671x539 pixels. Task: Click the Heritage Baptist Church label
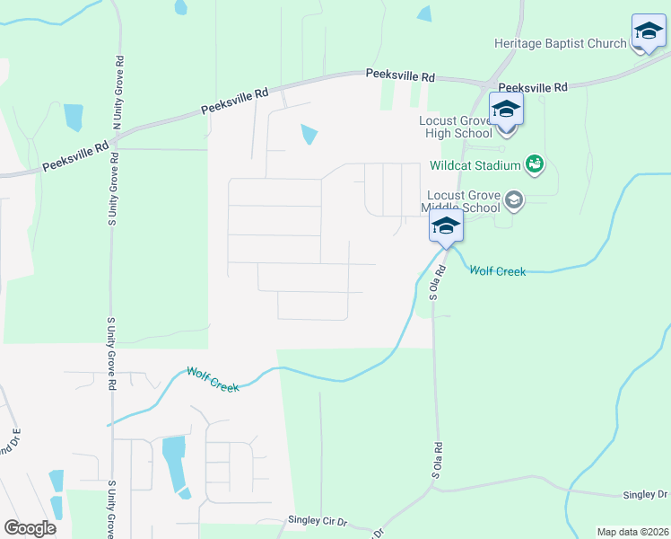pos(560,43)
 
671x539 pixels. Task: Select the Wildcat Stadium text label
pos(475,165)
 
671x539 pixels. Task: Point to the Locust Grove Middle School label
pos(462,201)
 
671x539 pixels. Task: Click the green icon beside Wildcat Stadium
pos(536,163)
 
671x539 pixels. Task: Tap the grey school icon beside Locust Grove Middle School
pos(515,199)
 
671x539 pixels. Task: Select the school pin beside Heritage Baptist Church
pos(649,32)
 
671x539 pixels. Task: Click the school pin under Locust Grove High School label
pos(506,111)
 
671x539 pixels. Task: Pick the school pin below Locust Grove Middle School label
pos(446,227)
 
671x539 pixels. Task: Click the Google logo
pos(30,528)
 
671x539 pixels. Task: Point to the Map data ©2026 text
pos(632,532)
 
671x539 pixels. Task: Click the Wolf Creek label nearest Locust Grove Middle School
pos(497,269)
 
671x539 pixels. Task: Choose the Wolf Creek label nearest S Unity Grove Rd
pos(213,379)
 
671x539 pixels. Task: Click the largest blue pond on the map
pos(173,462)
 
